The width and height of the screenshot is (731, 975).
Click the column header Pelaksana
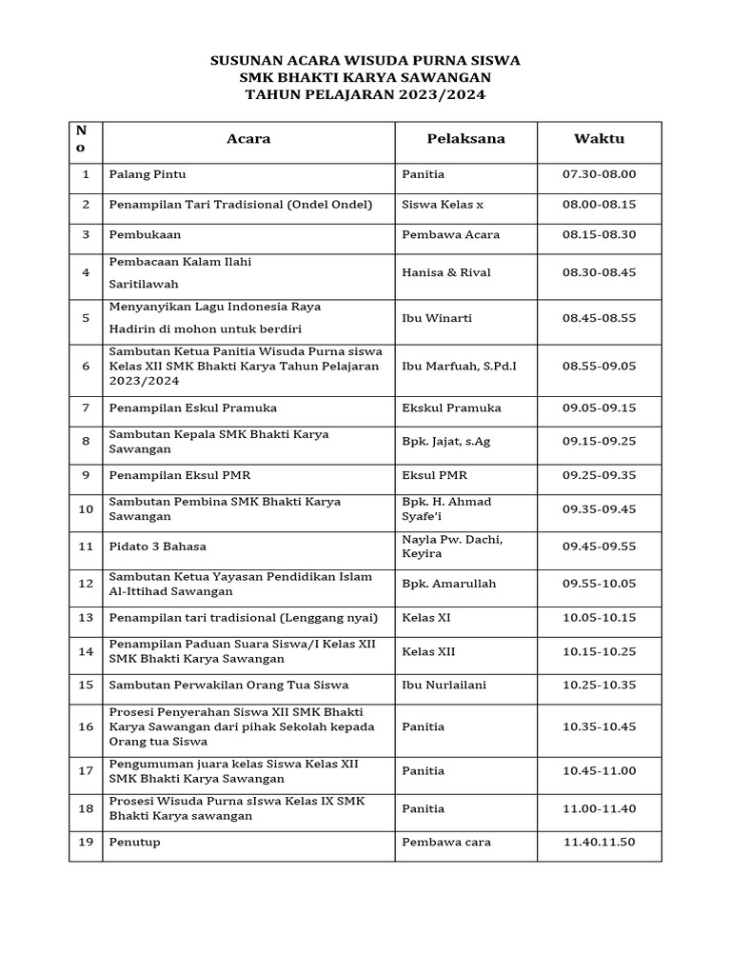click(465, 139)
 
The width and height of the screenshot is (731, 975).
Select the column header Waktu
click(599, 139)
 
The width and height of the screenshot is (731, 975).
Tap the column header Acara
click(248, 139)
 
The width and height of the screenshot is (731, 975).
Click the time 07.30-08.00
click(599, 174)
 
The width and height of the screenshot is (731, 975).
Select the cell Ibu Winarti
click(437, 318)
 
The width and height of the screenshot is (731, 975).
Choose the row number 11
click(86, 547)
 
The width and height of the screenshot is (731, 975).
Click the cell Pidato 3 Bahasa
click(158, 547)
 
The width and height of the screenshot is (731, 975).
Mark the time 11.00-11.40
click(599, 809)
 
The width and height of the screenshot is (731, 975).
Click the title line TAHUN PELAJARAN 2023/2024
click(365, 95)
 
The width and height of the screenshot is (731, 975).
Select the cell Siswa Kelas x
click(443, 205)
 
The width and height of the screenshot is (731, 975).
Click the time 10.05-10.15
click(599, 618)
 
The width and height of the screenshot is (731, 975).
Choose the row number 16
click(86, 726)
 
